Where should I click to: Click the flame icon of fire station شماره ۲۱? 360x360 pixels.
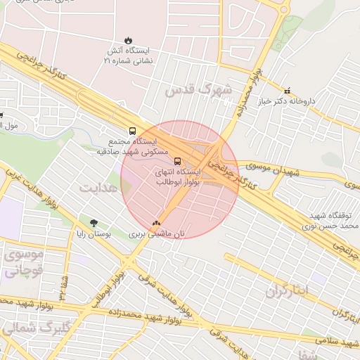[x=127, y=40]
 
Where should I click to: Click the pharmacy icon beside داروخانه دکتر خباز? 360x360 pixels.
[x=287, y=91]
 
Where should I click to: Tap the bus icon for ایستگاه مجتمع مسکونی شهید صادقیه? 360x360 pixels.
[x=132, y=131]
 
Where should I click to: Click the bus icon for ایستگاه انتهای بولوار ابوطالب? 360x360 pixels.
[x=177, y=160]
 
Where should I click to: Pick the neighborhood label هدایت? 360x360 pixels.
[x=97, y=188]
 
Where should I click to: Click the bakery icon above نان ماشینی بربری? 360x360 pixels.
[x=155, y=223]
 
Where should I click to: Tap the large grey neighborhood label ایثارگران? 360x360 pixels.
[x=288, y=292]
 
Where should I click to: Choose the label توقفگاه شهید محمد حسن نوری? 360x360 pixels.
[x=333, y=220]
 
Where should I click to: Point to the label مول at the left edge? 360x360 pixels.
[x=8, y=126]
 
